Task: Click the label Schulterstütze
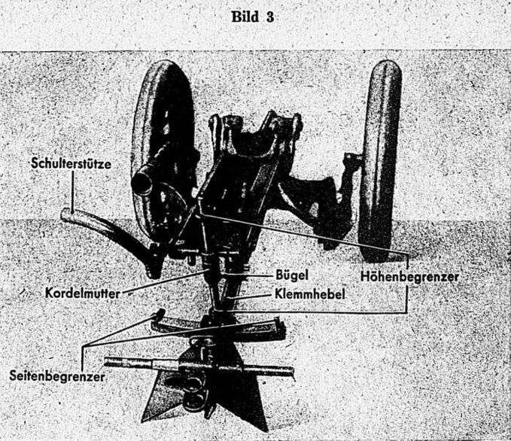[x=72, y=163]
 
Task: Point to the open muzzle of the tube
[x=141, y=183]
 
